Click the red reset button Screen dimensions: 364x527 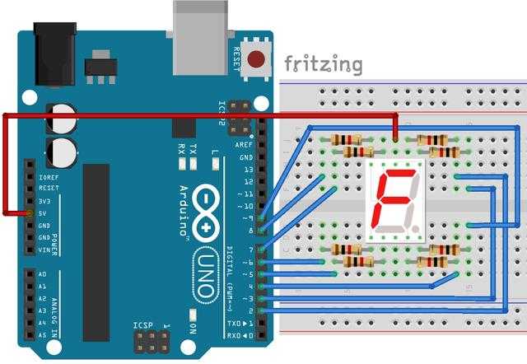click(258, 60)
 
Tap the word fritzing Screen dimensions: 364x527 click(323, 64)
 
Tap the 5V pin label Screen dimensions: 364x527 click(44, 213)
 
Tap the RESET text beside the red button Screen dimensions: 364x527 click(237, 59)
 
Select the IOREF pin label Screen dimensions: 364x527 click(48, 176)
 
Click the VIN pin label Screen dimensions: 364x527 click(44, 250)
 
